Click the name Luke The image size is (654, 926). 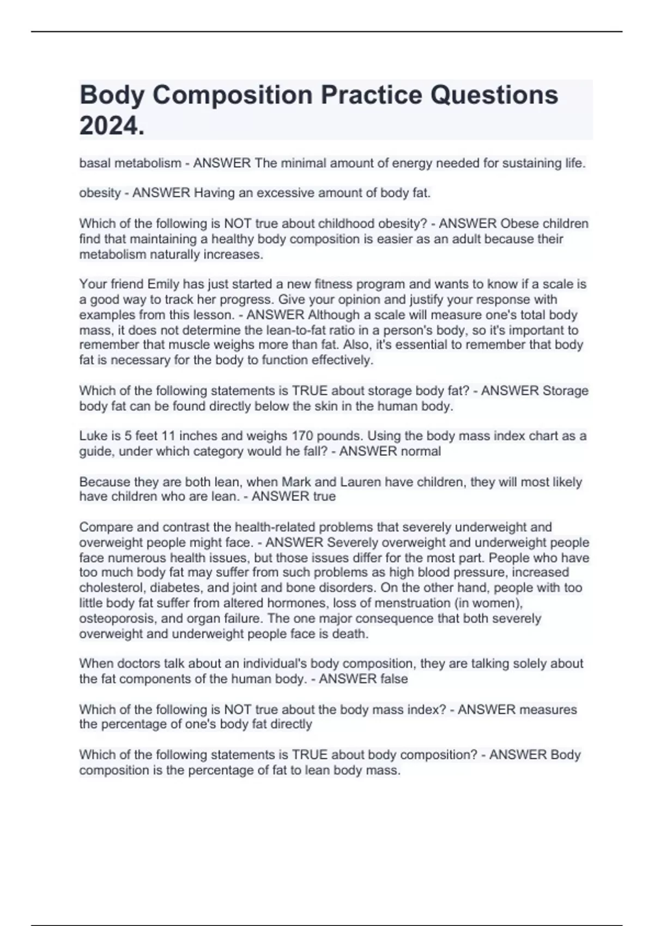tap(93, 436)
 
